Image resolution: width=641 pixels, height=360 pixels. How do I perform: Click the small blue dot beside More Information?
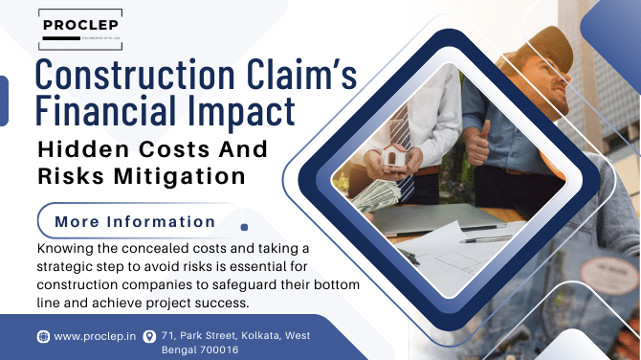[245, 228]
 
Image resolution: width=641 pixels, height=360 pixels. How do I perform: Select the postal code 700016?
[216, 349]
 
